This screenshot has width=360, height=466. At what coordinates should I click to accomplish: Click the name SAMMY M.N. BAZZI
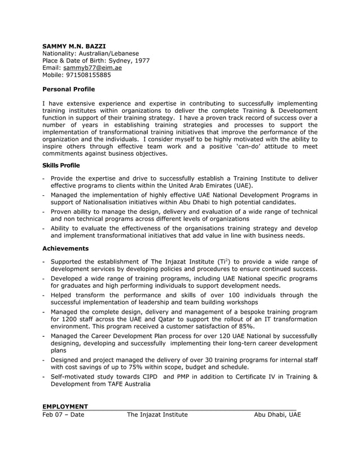(74, 45)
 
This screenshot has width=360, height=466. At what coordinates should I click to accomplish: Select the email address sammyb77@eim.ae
(92, 67)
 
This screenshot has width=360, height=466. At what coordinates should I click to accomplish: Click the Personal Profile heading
(69, 89)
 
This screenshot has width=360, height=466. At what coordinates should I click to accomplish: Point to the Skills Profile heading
(61, 165)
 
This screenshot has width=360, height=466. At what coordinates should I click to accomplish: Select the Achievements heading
(65, 248)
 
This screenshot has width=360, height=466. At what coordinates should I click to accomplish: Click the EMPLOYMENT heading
(65, 407)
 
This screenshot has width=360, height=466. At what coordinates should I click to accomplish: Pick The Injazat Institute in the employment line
(157, 415)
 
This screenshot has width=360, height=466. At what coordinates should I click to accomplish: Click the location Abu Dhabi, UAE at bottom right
(277, 415)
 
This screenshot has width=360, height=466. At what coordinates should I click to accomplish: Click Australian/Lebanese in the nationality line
(109, 52)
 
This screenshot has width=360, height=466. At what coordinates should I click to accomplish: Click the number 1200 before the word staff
(71, 319)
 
